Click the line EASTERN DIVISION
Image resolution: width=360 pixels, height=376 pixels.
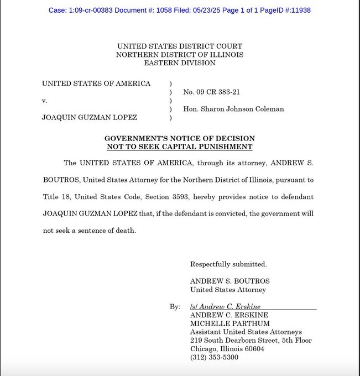(180, 63)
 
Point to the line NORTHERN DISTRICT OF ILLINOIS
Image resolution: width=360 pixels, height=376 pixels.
(180, 55)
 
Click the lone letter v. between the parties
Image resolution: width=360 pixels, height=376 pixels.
(45, 101)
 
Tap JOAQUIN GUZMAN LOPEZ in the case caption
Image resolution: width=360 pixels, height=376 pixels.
(90, 118)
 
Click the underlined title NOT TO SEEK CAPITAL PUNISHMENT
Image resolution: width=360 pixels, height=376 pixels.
(180, 147)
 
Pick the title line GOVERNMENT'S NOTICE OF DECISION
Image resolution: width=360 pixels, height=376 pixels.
(180, 138)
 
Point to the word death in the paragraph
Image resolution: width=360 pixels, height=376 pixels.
(124, 231)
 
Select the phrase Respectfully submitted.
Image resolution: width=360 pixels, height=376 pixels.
(228, 264)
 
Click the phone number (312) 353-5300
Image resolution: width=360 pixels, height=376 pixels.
(214, 357)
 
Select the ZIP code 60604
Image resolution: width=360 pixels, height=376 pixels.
(252, 349)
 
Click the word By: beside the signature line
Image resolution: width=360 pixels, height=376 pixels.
(175, 306)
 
